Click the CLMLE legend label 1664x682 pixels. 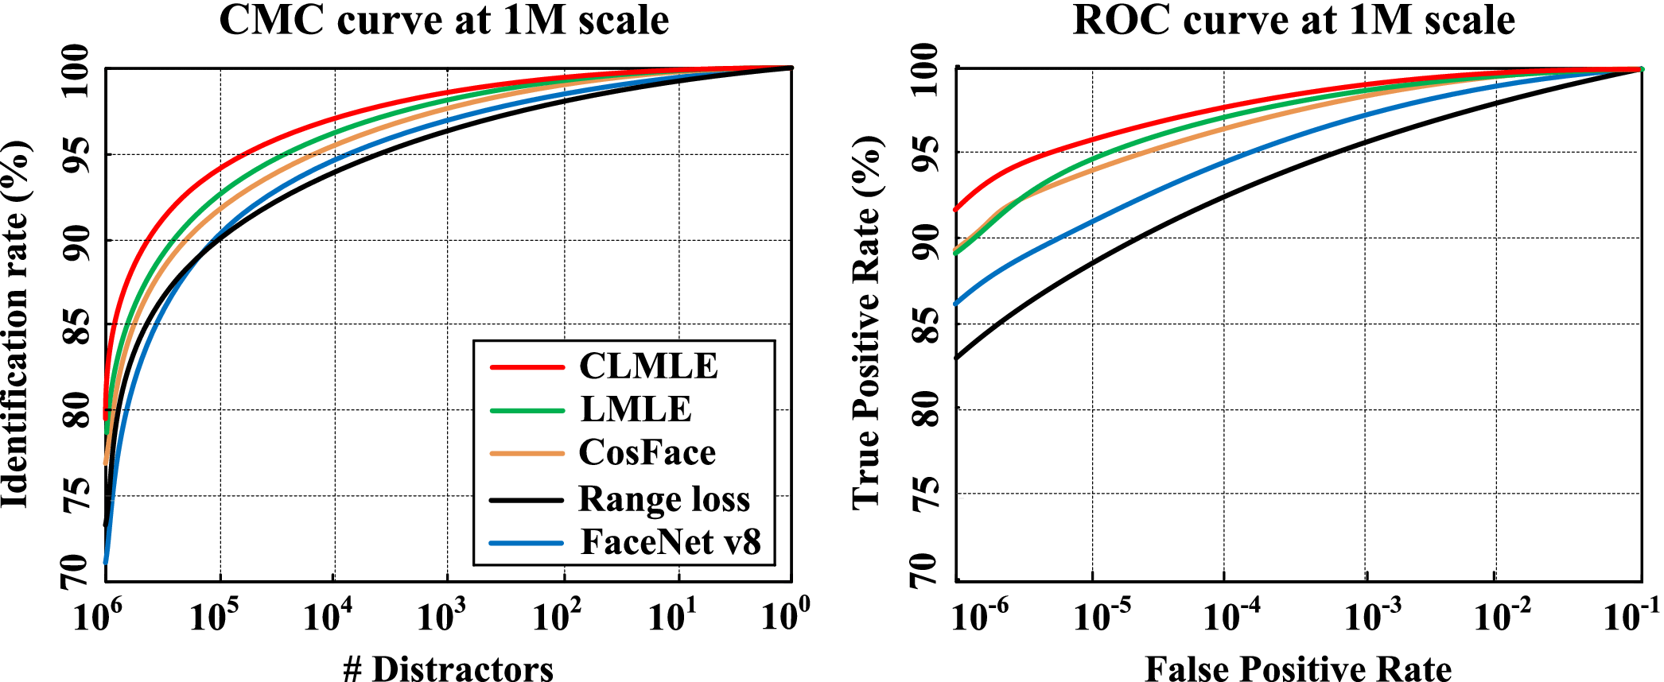(x=647, y=366)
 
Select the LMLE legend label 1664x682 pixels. (x=636, y=409)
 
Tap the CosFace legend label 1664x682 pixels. (x=647, y=452)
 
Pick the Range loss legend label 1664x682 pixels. (x=664, y=499)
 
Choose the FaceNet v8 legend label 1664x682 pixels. (x=671, y=542)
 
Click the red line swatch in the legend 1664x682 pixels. (x=527, y=367)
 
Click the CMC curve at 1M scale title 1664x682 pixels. (x=444, y=20)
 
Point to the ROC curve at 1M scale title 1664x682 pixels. (x=1293, y=20)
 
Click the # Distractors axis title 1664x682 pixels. (x=448, y=668)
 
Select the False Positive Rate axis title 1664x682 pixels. (x=1298, y=668)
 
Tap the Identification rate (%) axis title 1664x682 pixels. (x=16, y=324)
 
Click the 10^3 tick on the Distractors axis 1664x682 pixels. (x=441, y=617)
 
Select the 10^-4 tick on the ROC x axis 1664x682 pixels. (x=1231, y=617)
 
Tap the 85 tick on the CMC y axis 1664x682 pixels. (x=77, y=324)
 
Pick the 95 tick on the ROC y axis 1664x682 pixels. (x=927, y=153)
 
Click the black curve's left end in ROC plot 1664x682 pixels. (x=957, y=358)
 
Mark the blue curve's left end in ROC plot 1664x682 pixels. (x=957, y=304)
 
